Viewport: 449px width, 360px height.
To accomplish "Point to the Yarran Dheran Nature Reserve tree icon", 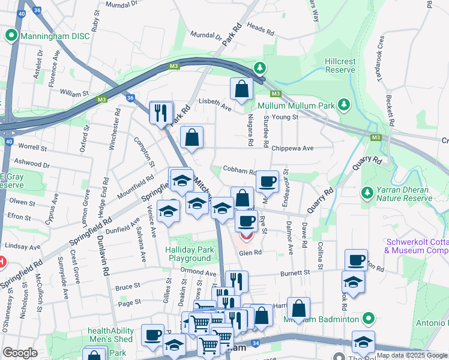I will (367, 193).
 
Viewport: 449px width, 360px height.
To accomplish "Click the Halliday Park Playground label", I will (189, 254).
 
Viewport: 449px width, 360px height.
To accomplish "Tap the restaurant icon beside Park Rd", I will (161, 113).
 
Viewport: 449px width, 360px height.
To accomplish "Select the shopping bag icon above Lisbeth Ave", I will (241, 90).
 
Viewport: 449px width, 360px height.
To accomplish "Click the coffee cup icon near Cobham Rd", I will (267, 181).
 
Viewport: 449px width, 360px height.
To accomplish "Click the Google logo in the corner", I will (20, 353).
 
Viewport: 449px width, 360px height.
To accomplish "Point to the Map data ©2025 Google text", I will (412, 355).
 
